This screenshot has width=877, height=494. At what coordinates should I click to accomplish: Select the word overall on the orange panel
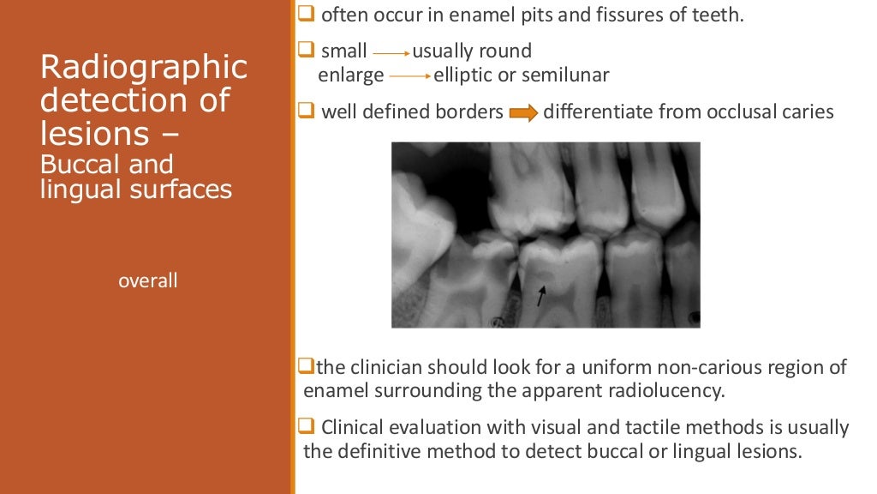coord(148,280)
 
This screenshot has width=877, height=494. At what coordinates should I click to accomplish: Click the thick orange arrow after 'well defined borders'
coord(523,113)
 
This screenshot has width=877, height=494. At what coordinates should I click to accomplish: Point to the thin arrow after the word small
coord(391,52)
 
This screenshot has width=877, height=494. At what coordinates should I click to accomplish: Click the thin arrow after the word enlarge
coord(409,76)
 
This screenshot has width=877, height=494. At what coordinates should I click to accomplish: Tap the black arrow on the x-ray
coord(540,296)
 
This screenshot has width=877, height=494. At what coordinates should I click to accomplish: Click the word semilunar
coord(566,75)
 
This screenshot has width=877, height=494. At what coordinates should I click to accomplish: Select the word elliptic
coord(462,75)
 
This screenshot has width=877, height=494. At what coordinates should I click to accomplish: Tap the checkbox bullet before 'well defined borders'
coord(307,111)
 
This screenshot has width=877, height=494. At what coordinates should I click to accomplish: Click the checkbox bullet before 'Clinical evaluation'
coord(308,426)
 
